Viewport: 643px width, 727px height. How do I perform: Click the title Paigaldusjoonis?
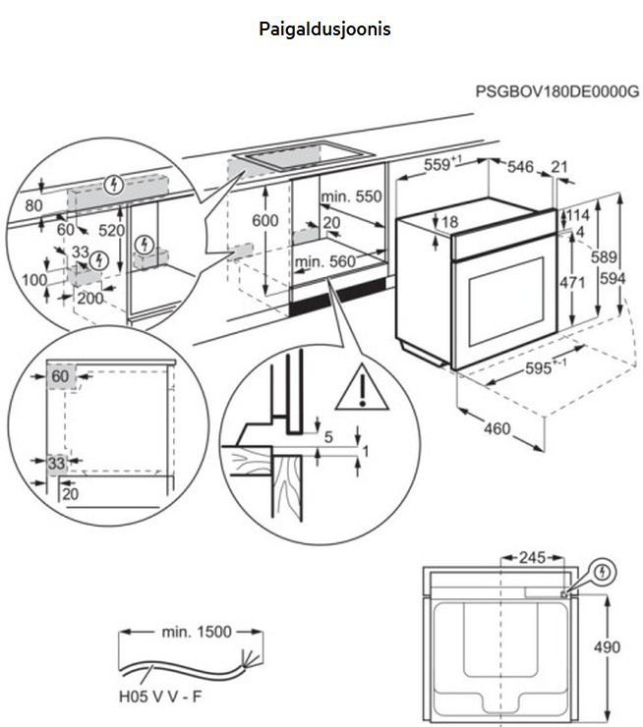(324, 29)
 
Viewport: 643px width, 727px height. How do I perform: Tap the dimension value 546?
(520, 168)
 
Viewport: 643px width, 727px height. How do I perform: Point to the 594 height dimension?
(614, 278)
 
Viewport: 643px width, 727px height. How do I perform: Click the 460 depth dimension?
(499, 429)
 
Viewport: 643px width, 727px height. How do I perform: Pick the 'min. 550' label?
(350, 196)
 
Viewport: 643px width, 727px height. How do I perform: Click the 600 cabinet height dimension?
(264, 221)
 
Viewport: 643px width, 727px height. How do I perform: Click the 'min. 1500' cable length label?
(197, 632)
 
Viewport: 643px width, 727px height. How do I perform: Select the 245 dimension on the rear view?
(531, 558)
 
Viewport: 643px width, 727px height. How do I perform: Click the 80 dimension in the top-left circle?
(33, 206)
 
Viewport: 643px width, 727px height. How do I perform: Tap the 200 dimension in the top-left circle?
(89, 298)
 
